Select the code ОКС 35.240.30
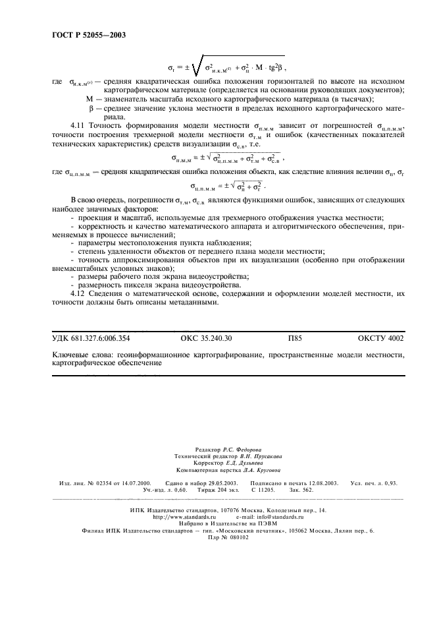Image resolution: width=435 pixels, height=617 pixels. pyautogui.click(x=205, y=338)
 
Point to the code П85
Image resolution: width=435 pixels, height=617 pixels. pyautogui.click(x=295, y=338)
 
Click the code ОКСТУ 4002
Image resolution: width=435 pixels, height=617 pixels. pyautogui.click(x=381, y=338)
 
